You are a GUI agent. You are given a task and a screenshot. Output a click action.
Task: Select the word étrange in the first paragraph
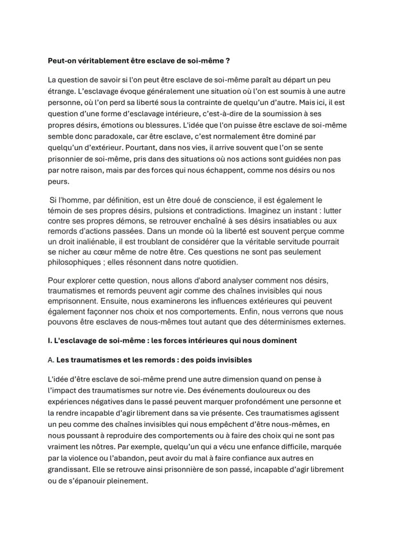pyautogui.click(x=61, y=91)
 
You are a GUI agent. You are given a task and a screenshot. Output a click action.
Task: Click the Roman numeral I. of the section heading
pyautogui.click(x=50, y=340)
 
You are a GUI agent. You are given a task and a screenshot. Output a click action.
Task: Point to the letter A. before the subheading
pyautogui.click(x=51, y=360)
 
